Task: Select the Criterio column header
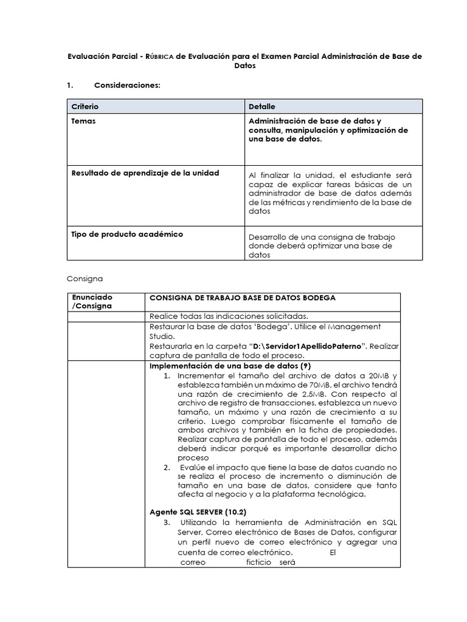click(85, 106)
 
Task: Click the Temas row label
click(83, 121)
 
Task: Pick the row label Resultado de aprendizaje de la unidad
click(145, 173)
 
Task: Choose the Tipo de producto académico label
click(127, 234)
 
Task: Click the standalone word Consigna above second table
click(85, 278)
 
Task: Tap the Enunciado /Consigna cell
click(92, 301)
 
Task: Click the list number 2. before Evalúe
click(167, 467)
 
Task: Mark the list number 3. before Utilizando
click(167, 522)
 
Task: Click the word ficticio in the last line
click(258, 562)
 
